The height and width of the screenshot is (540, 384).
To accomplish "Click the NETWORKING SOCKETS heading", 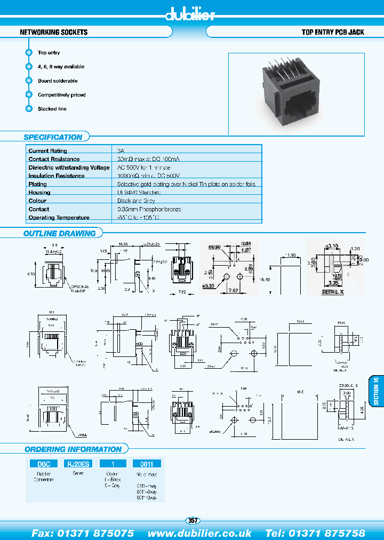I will (53, 33).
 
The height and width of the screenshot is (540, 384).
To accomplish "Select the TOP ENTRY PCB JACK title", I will (333, 33).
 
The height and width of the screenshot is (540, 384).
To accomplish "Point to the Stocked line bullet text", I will (52, 109).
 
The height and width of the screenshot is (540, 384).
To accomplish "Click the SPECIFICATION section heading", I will (53, 137).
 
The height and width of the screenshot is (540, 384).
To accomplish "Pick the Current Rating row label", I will (48, 151).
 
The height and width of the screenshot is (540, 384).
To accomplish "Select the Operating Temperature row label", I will (59, 218).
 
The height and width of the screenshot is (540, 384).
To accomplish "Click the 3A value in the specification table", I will (121, 151).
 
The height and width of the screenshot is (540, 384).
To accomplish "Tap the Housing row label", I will (39, 193).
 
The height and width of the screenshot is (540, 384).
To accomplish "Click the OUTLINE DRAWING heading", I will (59, 233).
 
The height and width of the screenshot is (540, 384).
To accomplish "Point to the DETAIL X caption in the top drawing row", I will (334, 292).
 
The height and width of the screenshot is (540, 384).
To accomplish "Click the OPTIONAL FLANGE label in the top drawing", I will (79, 289).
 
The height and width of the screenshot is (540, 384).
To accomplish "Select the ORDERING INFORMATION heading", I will (73, 449).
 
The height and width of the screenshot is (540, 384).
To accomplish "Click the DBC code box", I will (44, 464).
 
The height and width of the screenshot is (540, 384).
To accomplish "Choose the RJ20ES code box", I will (77, 464).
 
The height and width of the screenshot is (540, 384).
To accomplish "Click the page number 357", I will (193, 520).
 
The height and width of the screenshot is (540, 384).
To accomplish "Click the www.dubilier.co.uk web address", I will (199, 533).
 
